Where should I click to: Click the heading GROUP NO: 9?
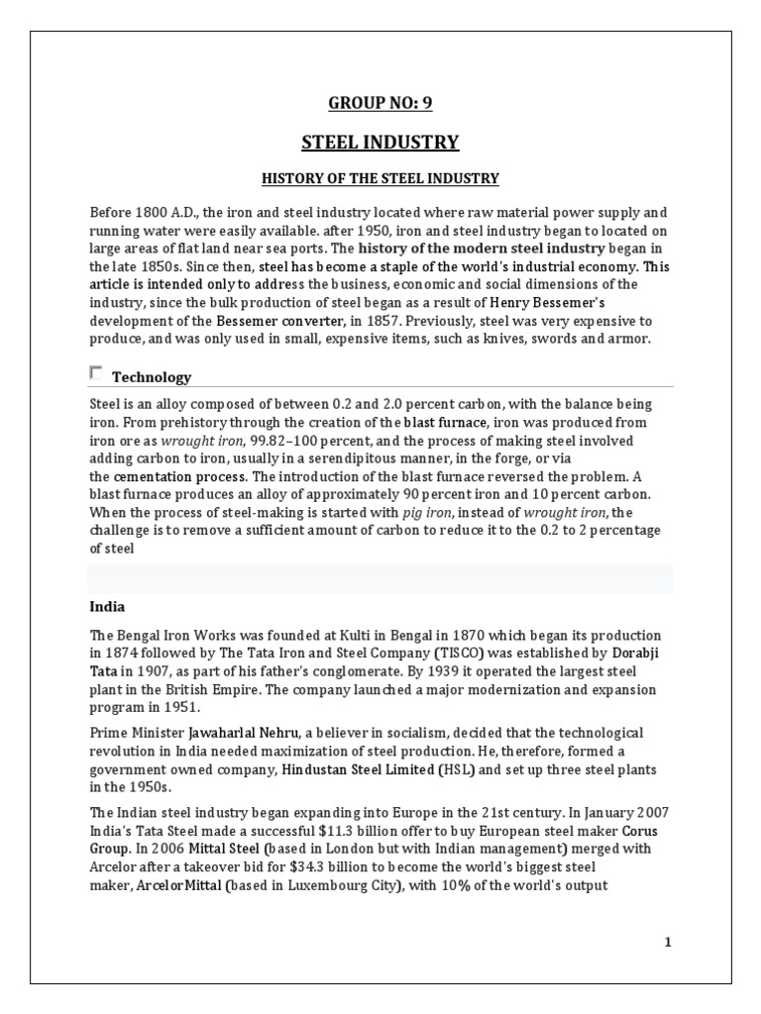point(380,102)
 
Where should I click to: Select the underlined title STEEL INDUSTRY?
point(380,143)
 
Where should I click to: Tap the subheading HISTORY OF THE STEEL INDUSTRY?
point(380,179)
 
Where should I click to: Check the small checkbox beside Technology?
point(96,373)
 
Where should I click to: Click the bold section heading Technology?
point(152,377)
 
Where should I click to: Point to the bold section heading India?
point(107,606)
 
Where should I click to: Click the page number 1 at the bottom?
point(668,942)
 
